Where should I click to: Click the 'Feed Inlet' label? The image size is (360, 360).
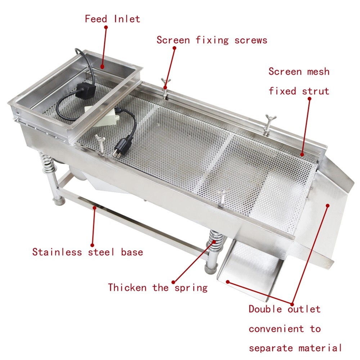click(x=112, y=19)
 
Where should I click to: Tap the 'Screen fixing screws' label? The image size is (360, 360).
click(x=212, y=40)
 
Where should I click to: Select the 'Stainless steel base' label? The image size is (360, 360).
click(x=87, y=252)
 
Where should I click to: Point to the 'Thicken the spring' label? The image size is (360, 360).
click(x=158, y=288)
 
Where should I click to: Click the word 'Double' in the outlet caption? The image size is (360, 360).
click(x=266, y=309)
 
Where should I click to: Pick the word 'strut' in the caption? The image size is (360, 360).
click(x=316, y=91)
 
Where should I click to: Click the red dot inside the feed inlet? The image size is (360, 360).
click(x=102, y=66)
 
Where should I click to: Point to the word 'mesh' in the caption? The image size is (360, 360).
click(x=318, y=71)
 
